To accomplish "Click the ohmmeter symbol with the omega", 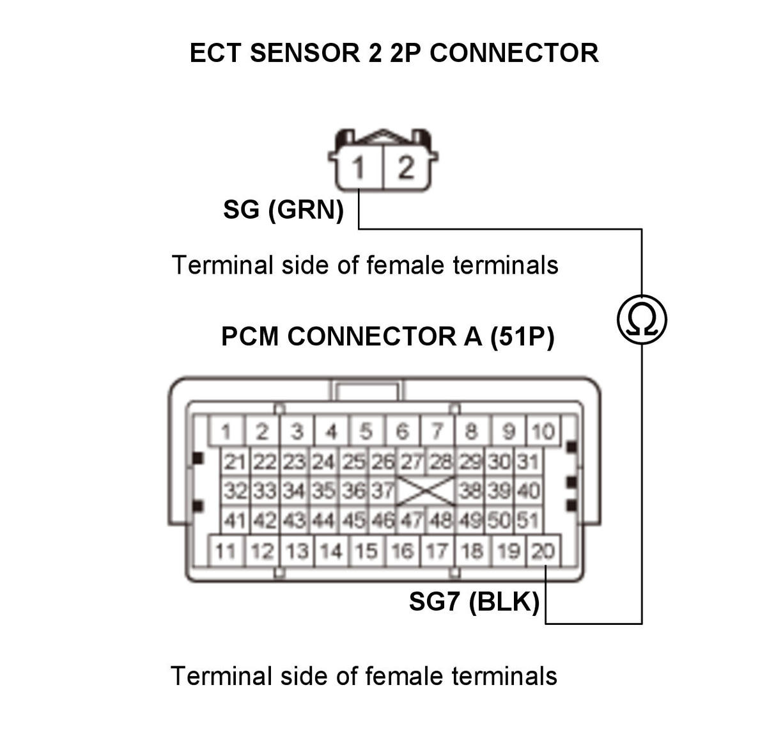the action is coord(641,320).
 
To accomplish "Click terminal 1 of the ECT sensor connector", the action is coord(359,167).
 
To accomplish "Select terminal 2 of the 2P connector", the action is coord(406,167).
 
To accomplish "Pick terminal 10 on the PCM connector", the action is coord(543,431).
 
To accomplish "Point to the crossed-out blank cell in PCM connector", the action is coord(426,491).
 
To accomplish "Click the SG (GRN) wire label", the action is coord(283,209).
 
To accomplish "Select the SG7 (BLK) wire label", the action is coord(474,602).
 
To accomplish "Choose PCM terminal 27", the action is coord(412,462).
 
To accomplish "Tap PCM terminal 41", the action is coord(235,520).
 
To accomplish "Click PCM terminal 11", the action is coord(226,551).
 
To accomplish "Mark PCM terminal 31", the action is coord(528,462).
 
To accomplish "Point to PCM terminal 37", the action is coord(382,491).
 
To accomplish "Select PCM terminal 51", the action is coord(528,520).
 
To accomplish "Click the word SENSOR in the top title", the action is coord(305,53).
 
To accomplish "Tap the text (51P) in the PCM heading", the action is coord(522,336).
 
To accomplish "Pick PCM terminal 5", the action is coord(366,431).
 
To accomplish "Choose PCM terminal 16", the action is coord(401,551).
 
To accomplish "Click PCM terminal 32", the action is coord(235,491).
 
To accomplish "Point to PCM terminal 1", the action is coord(226,431).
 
